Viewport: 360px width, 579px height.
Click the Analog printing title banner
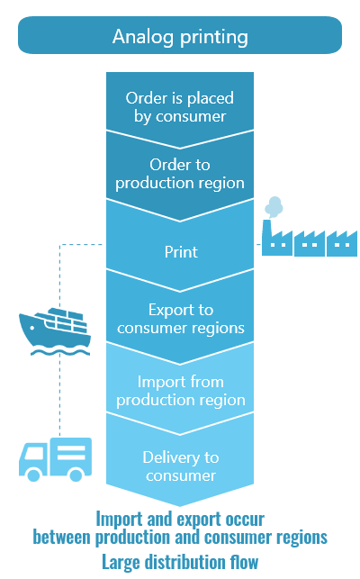click(x=180, y=35)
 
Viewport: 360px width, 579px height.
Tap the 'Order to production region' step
click(x=180, y=174)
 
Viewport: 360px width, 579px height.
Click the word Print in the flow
click(x=181, y=252)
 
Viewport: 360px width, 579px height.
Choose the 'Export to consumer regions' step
click(x=181, y=319)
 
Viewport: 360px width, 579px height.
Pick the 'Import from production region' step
click(x=181, y=391)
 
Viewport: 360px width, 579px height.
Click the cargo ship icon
click(x=55, y=331)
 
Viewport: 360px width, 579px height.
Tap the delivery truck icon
click(x=56, y=459)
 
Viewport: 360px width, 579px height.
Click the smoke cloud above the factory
click(x=274, y=207)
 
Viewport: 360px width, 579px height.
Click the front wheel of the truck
click(x=33, y=475)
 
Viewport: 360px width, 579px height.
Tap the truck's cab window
click(x=34, y=453)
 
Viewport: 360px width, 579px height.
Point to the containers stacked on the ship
click(x=67, y=320)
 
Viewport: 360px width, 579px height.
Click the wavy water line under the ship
click(x=60, y=353)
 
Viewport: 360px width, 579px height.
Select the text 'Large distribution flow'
click(x=180, y=563)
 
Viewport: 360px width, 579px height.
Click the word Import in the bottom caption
click(x=120, y=520)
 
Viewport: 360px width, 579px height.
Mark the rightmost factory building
click(x=342, y=244)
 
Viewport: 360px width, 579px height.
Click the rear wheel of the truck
click(x=76, y=475)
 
